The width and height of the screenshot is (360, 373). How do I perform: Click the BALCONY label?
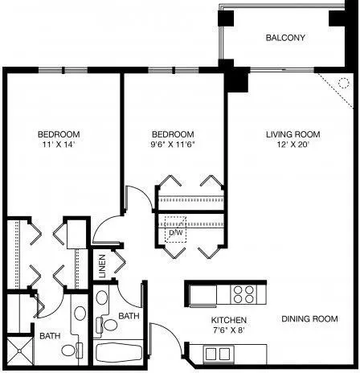[x=285, y=38]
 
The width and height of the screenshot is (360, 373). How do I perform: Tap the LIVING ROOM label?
[x=293, y=134]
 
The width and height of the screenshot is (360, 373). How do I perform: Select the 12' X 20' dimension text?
[x=293, y=145]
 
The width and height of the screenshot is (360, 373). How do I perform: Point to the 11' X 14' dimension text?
[x=58, y=145]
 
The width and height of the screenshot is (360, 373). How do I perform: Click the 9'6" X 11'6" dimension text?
[x=173, y=145]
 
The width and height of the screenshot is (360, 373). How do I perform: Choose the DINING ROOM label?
[x=309, y=319]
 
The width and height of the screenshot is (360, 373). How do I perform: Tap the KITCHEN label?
[x=229, y=320]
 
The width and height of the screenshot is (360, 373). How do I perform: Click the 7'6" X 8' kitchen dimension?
[x=229, y=330]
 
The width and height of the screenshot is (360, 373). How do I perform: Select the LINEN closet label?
[x=102, y=266]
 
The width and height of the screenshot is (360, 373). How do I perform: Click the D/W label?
[x=176, y=232]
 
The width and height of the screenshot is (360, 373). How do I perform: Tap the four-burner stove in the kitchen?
[x=243, y=294]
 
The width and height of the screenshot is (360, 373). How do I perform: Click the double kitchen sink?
[x=219, y=354]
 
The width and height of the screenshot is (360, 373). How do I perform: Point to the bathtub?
[x=119, y=353]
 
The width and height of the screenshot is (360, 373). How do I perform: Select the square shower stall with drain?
[x=19, y=350]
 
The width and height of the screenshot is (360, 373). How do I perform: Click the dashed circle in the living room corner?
[x=344, y=83]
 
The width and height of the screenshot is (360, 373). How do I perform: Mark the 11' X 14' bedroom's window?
[x=63, y=70]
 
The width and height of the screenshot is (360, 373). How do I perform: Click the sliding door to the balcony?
[x=282, y=70]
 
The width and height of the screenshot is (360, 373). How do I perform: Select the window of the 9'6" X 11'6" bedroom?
[x=174, y=70]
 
